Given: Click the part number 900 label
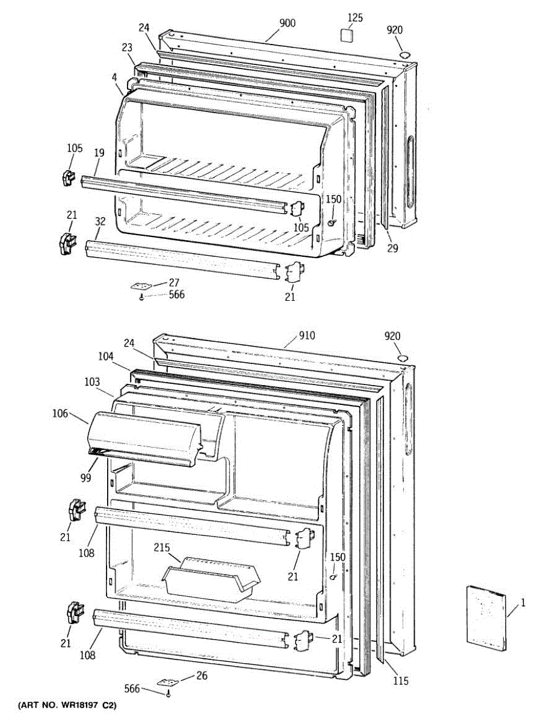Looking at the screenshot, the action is coord(287,23).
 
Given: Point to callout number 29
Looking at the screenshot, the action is coord(392,247).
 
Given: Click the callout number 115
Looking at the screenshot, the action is coord(401,680).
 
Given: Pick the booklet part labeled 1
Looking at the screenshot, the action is coord(486,617).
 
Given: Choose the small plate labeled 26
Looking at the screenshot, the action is coord(168,683).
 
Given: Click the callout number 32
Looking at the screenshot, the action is coord(100,221).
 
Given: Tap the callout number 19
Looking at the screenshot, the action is coord(99,153).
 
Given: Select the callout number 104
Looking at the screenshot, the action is coord(107,356).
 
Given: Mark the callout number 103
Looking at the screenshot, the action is coord(91,381).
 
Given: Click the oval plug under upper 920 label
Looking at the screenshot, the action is coord(406,55).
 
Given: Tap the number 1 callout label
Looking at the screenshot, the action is coord(522,601).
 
